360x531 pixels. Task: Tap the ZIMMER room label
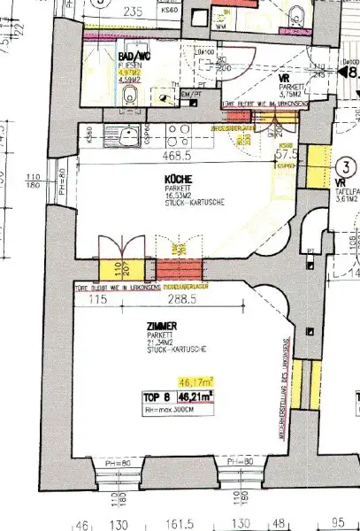coord(162,327)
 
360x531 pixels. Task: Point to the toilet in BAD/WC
coord(130,93)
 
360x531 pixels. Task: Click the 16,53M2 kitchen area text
coord(175,196)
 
